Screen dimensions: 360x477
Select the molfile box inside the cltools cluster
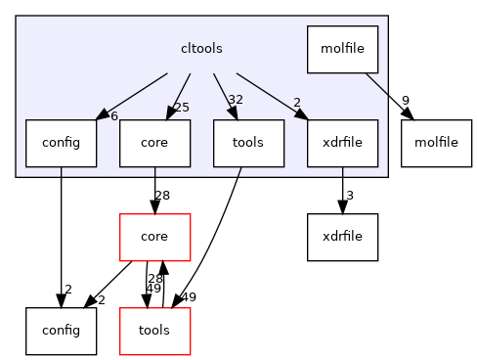tap(342, 49)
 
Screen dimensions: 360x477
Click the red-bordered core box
tap(154, 236)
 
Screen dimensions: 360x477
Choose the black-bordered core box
tap(154, 143)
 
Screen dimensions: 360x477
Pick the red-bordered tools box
tap(154, 330)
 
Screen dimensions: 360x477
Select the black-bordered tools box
tap(248, 143)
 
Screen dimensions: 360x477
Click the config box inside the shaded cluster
tap(61, 143)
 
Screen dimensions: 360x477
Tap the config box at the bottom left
tap(61, 330)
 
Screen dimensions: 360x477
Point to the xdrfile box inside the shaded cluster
tap(342, 143)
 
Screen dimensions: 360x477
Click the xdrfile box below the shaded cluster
tap(342, 236)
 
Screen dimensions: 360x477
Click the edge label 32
tap(235, 100)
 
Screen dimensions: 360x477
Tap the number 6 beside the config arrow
tap(113, 115)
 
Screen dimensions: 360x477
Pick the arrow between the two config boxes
tap(61, 235)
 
